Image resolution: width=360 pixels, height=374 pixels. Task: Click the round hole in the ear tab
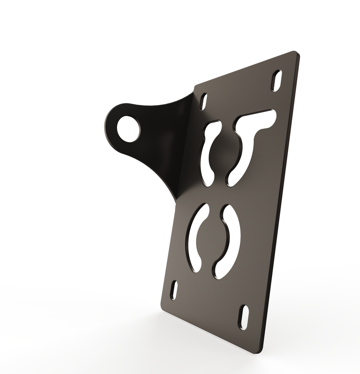[128, 129]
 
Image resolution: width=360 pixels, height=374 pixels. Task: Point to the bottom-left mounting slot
[174, 290]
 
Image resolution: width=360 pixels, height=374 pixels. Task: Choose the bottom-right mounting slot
[244, 317]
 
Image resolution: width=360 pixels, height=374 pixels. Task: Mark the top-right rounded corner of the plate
[295, 53]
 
